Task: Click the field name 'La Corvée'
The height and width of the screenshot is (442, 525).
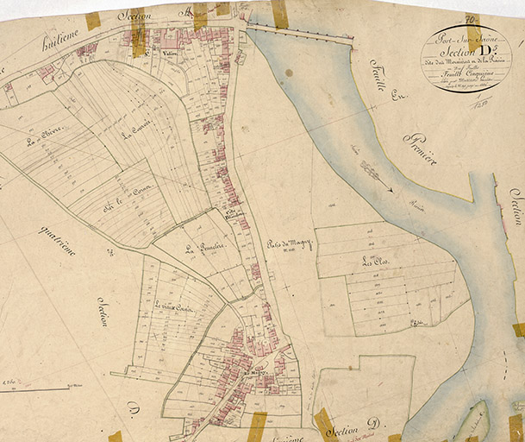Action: point(136,136)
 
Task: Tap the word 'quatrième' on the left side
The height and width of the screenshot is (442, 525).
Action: point(57,240)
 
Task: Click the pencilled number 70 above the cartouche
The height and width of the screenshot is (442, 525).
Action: point(472,16)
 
